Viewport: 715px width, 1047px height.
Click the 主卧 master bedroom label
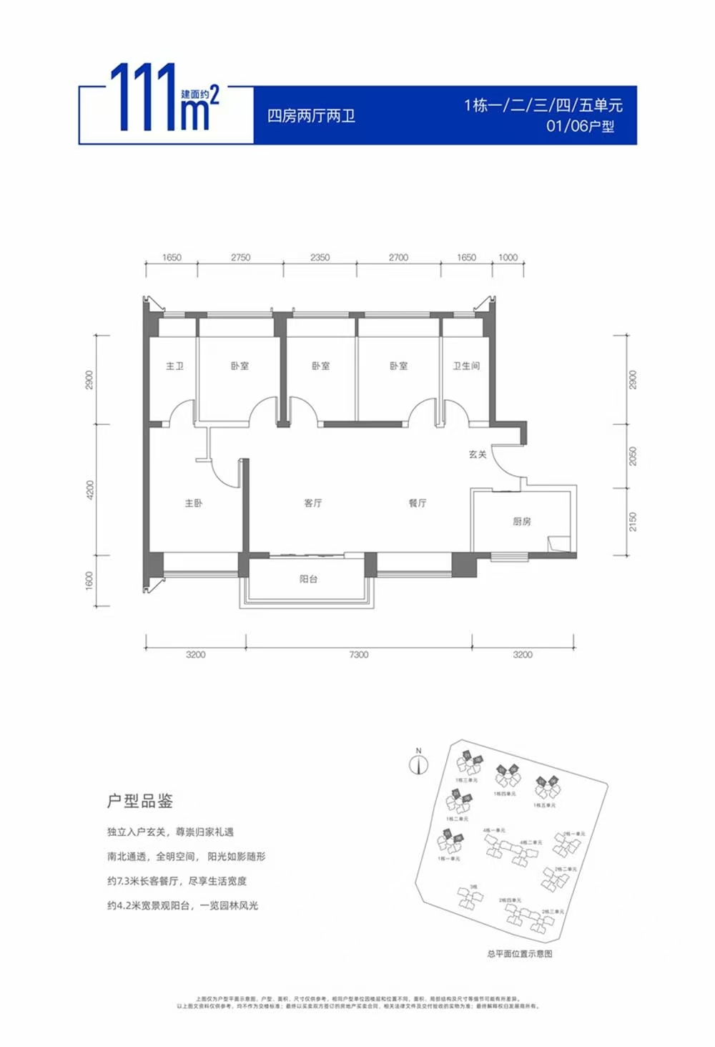(x=194, y=503)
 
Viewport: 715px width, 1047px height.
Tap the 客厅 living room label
(x=313, y=503)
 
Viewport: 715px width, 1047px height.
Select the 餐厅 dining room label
(x=418, y=503)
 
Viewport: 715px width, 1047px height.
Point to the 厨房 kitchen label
(x=522, y=521)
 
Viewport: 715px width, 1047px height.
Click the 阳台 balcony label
(x=308, y=579)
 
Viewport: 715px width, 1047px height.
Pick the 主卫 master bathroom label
(x=175, y=366)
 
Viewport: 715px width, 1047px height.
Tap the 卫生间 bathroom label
(x=466, y=366)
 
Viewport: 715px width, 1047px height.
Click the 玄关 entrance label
(x=478, y=454)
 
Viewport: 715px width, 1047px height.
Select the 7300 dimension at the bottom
(x=359, y=654)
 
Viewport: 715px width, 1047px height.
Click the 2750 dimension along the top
(x=241, y=258)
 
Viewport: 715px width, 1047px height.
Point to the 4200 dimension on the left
(x=89, y=490)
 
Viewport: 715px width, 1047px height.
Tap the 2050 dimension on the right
(x=632, y=456)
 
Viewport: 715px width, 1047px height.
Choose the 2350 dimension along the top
(x=320, y=258)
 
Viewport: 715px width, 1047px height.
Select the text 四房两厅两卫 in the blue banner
(x=311, y=116)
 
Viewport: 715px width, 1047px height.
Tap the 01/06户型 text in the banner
(x=580, y=127)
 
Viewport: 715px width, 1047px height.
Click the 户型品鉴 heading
(x=140, y=801)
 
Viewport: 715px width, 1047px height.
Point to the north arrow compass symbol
(x=418, y=763)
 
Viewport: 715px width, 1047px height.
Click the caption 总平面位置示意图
(x=520, y=954)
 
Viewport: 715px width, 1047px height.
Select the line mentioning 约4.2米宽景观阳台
(x=182, y=905)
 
